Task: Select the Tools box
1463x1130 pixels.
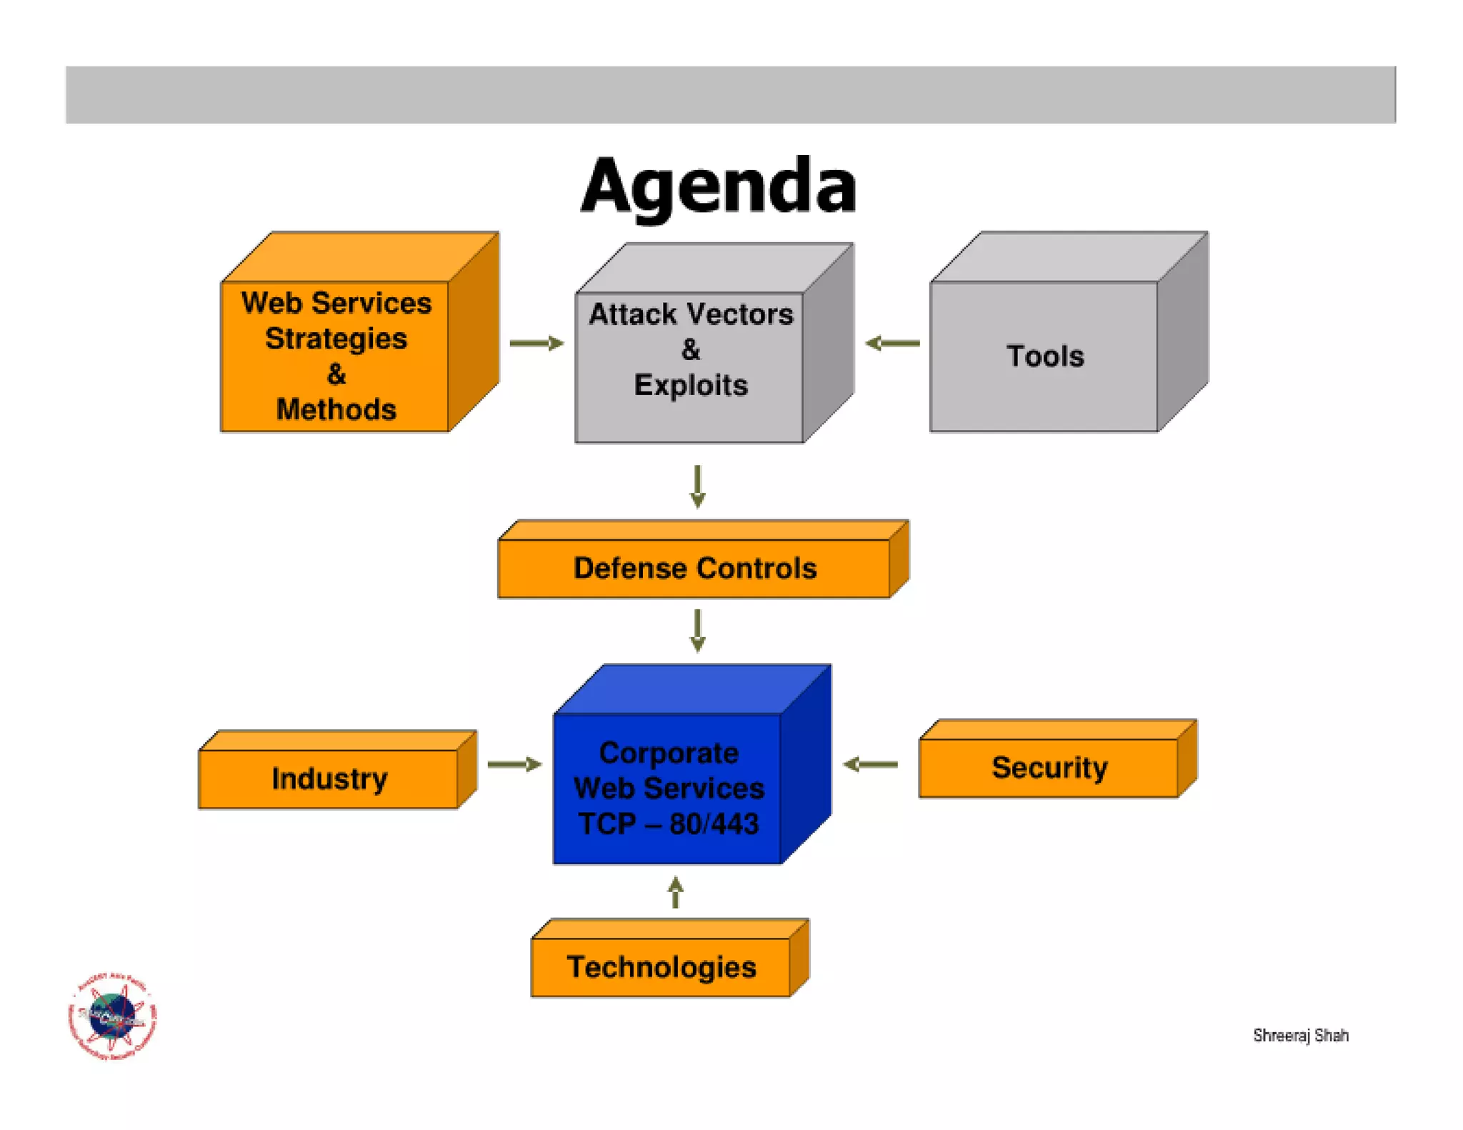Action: pos(1044,356)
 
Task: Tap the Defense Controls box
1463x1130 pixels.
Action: pos(694,568)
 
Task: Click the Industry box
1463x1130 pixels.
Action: pos(329,778)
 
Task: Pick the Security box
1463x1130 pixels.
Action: pos(1049,767)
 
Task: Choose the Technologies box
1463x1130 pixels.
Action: pos(661,966)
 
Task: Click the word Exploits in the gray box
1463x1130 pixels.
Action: pos(691,385)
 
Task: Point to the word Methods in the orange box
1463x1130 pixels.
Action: pos(336,409)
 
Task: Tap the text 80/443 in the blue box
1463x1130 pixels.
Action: pos(714,824)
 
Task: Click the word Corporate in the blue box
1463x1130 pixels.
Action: pos(669,753)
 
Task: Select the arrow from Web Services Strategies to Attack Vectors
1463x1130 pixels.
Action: pos(536,344)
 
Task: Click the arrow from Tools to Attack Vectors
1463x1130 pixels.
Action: pos(892,344)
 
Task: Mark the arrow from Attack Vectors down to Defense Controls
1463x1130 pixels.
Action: pos(698,486)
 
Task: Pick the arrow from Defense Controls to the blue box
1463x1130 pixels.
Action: pos(698,630)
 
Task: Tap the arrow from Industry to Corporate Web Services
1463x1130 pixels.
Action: pos(514,764)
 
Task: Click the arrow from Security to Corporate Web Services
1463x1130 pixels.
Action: pos(870,764)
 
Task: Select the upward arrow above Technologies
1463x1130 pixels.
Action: pos(676,892)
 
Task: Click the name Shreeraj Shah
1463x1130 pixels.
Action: pos(1300,1035)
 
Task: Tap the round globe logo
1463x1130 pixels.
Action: pos(113,1016)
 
